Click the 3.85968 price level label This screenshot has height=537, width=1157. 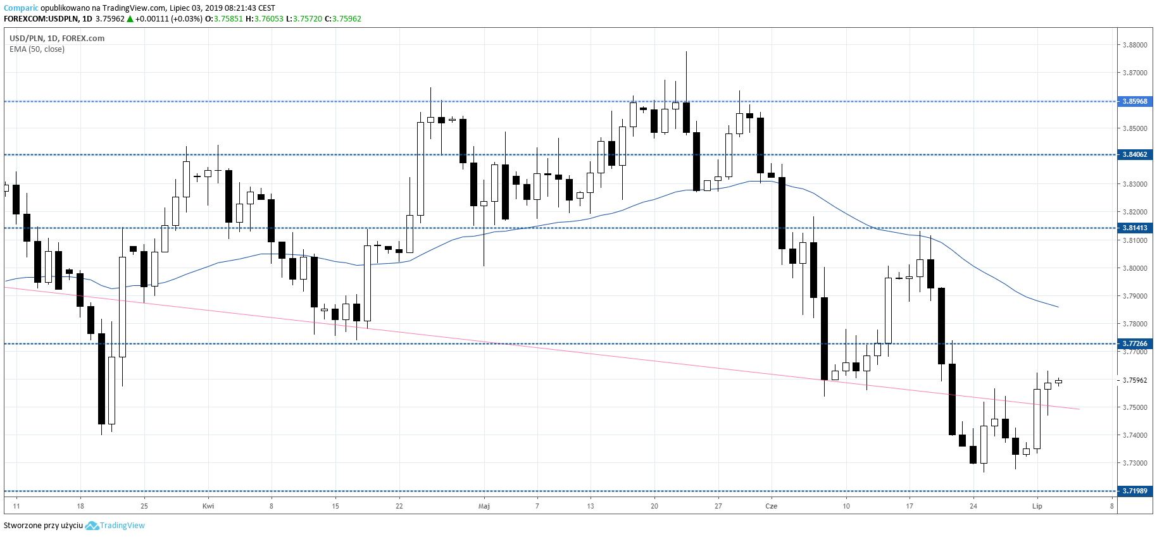[1135, 101]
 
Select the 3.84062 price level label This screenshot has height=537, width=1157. [1135, 154]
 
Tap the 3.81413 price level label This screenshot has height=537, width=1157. [1135, 228]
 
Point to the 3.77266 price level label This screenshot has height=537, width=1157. [1135, 343]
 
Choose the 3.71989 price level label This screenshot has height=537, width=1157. [1135, 491]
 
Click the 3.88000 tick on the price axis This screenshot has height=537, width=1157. [1135, 45]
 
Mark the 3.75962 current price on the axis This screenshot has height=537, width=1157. [1135, 380]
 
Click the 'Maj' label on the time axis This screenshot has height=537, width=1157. [484, 506]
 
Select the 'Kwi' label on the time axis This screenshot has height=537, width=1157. [208, 506]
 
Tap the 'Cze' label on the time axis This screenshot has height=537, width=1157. [771, 506]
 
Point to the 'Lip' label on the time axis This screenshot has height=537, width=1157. [1037, 506]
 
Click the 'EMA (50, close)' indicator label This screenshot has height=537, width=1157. [37, 49]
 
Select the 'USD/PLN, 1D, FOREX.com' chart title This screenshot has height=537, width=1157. [57, 38]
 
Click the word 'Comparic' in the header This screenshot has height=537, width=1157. [21, 8]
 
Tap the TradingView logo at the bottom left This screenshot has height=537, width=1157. [92, 526]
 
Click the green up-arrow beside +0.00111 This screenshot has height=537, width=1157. [130, 19]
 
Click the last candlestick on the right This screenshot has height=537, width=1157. [1058, 381]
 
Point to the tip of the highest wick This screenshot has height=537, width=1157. [686, 52]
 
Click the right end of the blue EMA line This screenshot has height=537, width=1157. [1058, 307]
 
